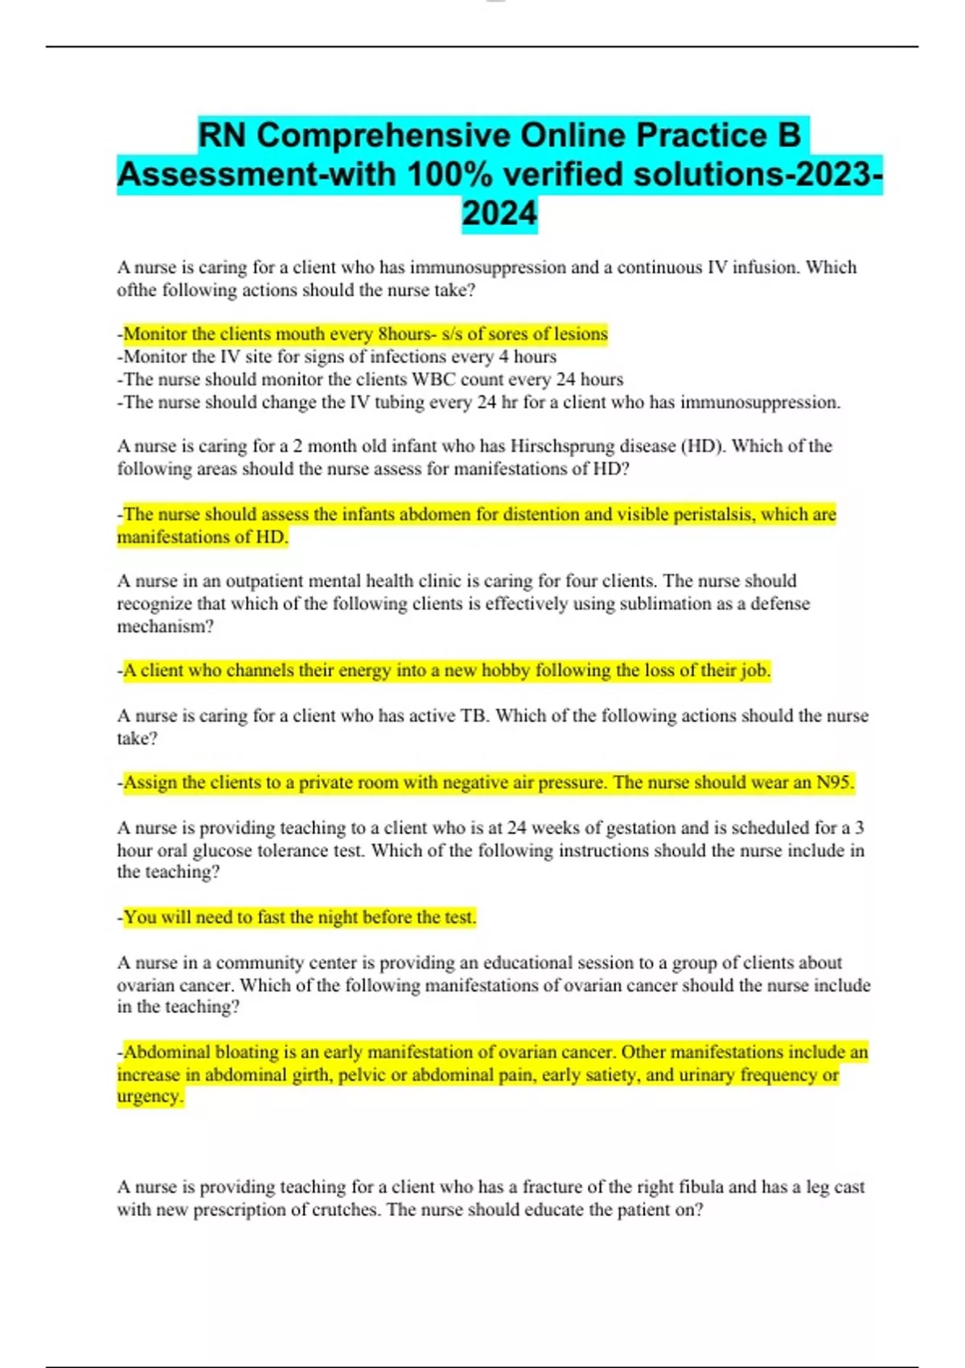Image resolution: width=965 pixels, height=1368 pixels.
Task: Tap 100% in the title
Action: (442, 175)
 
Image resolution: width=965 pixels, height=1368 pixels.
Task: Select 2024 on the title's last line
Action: (499, 214)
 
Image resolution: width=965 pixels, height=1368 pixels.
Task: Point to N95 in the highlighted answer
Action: (834, 782)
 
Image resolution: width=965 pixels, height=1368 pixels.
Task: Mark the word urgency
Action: (150, 1096)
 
